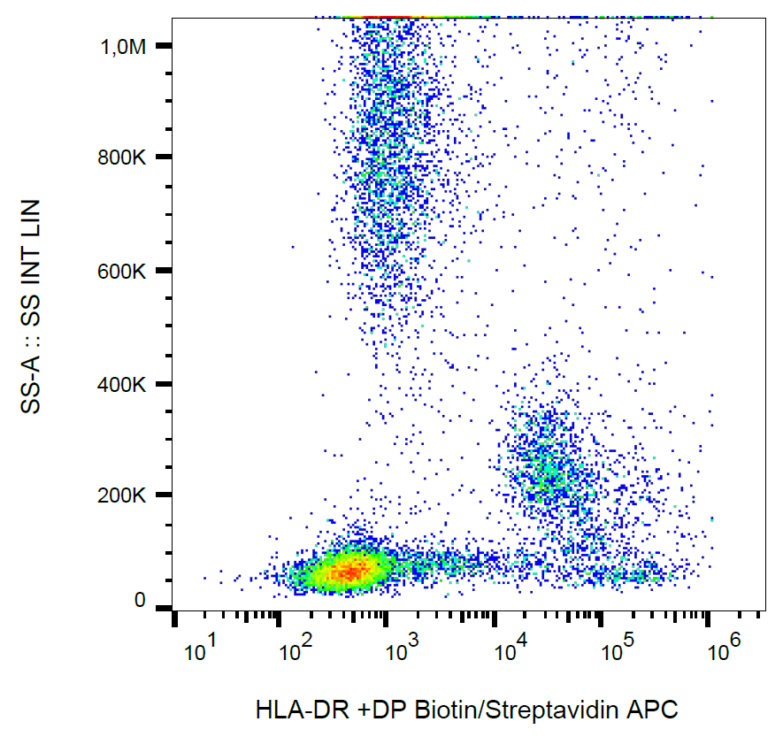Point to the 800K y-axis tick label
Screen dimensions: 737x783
[123, 158]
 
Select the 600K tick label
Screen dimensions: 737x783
[123, 271]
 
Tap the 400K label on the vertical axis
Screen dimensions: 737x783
[123, 384]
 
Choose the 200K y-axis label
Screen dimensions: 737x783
[123, 495]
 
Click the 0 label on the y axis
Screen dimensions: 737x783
[140, 601]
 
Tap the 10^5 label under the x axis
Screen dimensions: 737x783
[618, 653]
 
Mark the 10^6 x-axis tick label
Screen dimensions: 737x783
[724, 653]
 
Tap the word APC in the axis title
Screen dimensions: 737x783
[658, 709]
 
